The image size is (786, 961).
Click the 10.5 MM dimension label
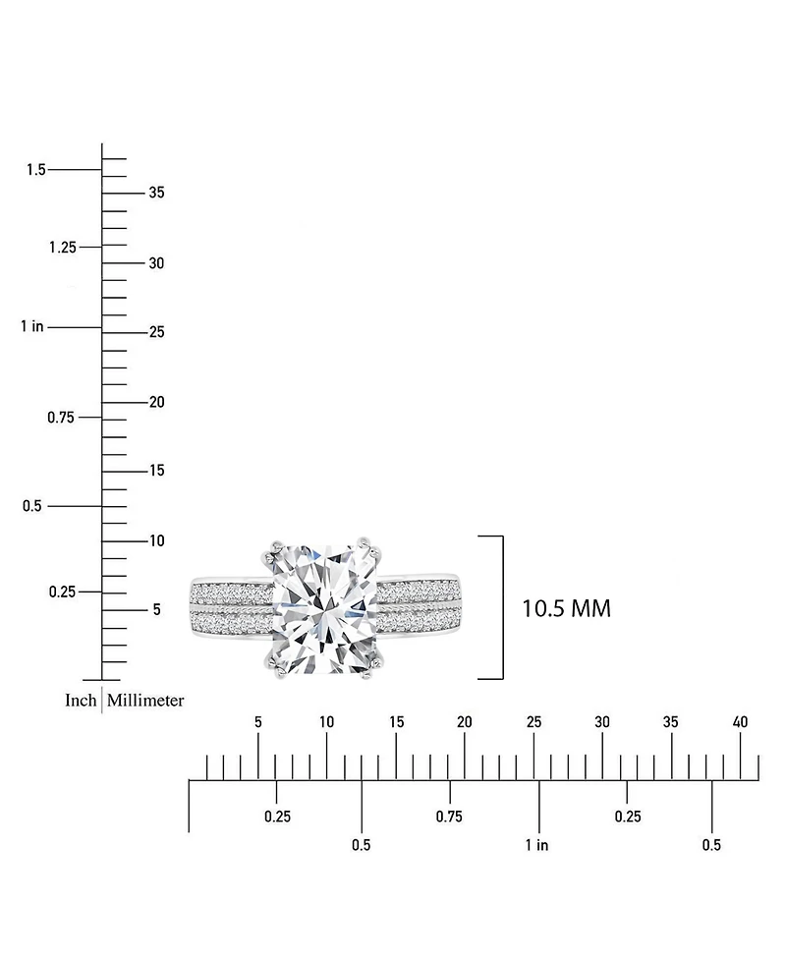566,609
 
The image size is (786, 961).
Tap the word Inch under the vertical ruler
81,701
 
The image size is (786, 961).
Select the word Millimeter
145,701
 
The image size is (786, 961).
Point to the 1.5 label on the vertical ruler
36,170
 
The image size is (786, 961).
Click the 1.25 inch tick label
62,247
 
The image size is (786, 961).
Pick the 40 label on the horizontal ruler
740,722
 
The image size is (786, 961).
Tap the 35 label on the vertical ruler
156,193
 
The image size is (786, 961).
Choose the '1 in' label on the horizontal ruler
536,845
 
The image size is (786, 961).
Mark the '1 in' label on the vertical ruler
31,326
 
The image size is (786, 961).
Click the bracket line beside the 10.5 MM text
502,607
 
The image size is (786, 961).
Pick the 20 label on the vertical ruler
156,402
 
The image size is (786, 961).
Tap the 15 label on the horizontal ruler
396,722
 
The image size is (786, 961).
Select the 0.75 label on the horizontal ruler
449,817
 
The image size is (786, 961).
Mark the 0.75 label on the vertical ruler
62,418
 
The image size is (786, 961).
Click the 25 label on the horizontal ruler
533,722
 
